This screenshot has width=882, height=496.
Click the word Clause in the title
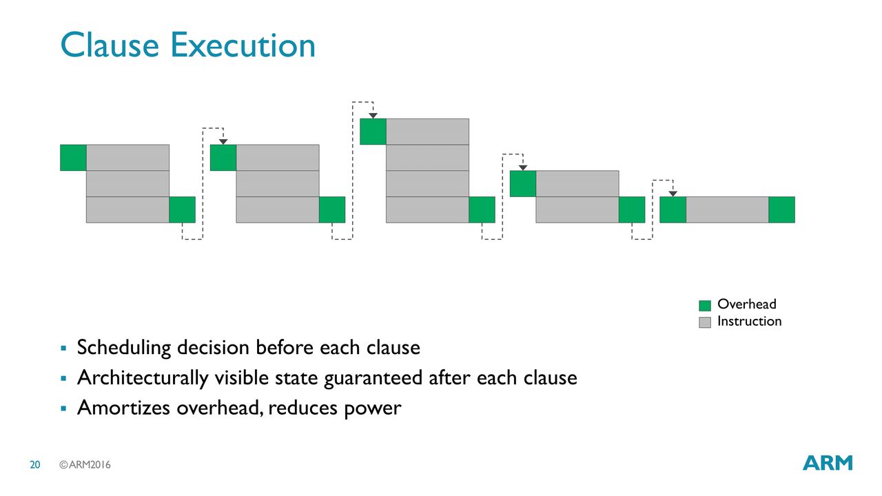coord(110,45)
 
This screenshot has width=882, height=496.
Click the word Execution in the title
coord(243,45)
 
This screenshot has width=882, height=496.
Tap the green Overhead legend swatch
coord(705,305)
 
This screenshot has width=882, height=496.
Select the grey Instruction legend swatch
coord(705,322)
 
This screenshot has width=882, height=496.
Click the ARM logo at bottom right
coord(828,463)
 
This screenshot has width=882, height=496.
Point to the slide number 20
coord(35,465)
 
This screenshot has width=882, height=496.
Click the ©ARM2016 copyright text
coord(85,465)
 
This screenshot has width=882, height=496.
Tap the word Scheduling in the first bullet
coord(124,348)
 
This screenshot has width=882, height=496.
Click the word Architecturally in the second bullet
coord(143,378)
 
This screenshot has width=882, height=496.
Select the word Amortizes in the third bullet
coord(123,407)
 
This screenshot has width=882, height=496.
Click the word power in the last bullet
coord(373,409)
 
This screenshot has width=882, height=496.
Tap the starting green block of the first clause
coord(73,158)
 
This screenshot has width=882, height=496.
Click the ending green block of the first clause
coord(183,210)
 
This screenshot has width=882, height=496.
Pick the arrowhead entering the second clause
coord(223,142)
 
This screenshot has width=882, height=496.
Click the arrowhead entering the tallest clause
coord(373,116)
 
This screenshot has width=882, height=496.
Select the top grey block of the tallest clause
coord(428,132)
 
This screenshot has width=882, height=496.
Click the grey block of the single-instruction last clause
coord(727,210)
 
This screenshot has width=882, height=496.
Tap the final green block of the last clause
coord(781,210)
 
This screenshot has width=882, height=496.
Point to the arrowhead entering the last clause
coord(673,194)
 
